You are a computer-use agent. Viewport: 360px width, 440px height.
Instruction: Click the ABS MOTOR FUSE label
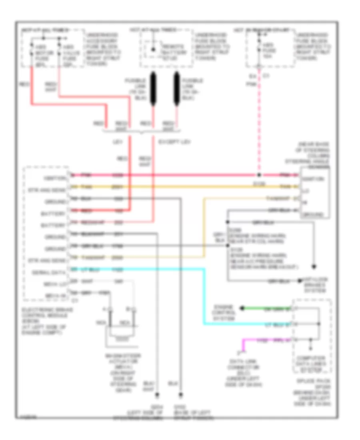tap(40, 52)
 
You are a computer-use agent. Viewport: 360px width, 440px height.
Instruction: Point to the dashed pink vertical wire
tap(259, 120)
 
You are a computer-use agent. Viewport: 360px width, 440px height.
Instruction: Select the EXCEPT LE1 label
tap(174, 142)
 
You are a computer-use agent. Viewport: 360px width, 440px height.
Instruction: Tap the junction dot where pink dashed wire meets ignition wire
tap(259, 175)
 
